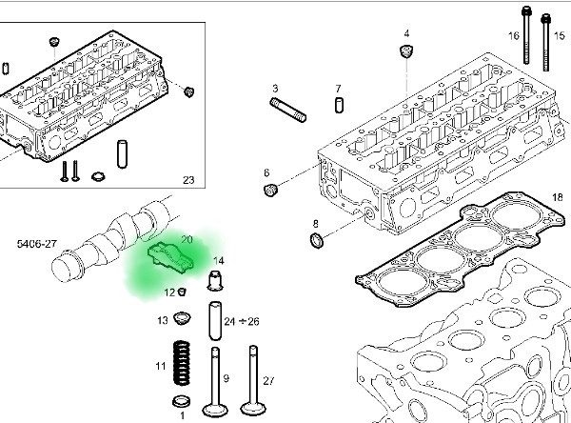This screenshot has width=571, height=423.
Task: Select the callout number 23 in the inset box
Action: coord(187,180)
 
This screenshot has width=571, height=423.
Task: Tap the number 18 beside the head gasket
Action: coord(558,197)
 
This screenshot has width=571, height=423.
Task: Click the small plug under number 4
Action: coord(407,51)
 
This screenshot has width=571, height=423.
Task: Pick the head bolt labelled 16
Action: coord(525,38)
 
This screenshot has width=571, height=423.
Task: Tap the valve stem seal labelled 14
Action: coord(215,281)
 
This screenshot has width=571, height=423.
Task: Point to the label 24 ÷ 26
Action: coord(241,323)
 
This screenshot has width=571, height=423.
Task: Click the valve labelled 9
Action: coord(214,376)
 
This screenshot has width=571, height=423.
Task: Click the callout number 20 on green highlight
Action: coord(187,239)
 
